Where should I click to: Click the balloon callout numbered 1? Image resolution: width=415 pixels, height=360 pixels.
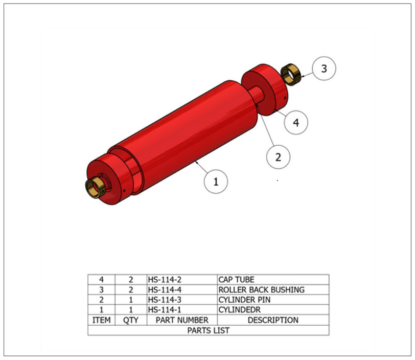(x=216, y=182)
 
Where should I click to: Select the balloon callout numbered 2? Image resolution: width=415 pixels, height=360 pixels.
(x=278, y=157)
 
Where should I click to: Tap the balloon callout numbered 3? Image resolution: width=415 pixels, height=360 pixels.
(x=324, y=69)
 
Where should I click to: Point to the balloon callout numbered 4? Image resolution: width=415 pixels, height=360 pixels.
(x=296, y=122)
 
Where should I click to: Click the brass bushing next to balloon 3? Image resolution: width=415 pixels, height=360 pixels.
(x=290, y=75)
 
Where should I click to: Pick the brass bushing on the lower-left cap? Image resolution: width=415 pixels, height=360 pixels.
(x=96, y=187)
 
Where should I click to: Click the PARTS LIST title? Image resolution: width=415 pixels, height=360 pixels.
(x=209, y=330)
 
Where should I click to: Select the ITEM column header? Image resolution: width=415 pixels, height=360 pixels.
(x=101, y=320)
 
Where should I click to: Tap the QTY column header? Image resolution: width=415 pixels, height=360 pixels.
(x=131, y=320)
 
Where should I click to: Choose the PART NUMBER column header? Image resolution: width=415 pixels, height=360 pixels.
(x=182, y=320)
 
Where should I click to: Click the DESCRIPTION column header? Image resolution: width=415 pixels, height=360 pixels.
(x=273, y=320)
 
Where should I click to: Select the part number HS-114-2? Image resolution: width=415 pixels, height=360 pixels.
(x=165, y=280)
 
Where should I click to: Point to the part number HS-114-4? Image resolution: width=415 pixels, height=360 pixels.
(x=165, y=289)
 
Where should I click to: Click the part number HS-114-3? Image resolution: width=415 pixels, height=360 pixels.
(x=165, y=300)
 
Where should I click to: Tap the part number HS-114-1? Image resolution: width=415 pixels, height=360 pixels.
(x=165, y=310)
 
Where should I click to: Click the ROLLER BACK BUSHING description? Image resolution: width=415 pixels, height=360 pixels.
(x=262, y=289)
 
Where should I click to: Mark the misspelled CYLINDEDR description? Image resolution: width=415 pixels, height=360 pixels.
(x=240, y=310)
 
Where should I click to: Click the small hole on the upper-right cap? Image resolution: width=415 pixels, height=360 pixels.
(x=285, y=98)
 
